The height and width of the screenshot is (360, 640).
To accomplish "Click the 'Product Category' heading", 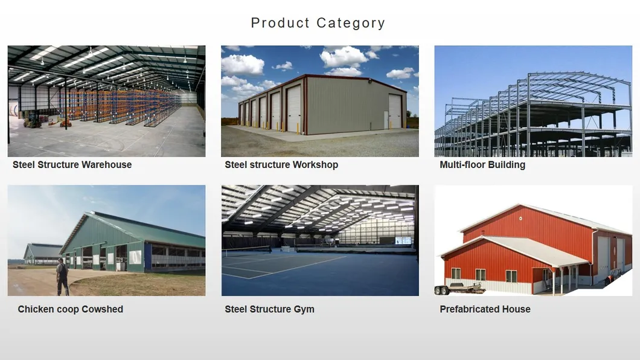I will pos(318,23).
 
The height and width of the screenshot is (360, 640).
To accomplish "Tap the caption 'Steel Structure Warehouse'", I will pos(72,164).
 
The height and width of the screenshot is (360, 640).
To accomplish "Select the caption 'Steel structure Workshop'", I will pos(281,164).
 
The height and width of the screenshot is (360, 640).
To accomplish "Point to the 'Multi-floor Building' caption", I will pos(482,164).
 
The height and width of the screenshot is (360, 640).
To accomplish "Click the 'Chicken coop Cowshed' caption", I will pos(70,309).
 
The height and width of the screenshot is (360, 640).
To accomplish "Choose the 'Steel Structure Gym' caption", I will pos(269,309).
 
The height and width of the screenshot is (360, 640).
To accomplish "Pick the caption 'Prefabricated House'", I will pos(485,309).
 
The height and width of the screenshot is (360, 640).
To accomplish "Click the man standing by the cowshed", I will pos(62,277).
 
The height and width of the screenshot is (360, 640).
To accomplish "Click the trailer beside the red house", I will pos(459,289).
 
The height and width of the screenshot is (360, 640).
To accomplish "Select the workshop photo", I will pos(319,101).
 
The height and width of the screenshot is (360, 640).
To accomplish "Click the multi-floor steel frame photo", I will pos(533,101).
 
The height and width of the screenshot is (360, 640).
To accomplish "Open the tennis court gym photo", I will pos(319,240).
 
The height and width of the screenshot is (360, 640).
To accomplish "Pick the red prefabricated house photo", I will pos(533,240).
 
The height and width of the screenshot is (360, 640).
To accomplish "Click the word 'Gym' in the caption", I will pos(304,309).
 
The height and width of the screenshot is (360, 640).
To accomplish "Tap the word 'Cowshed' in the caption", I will pos(102,309).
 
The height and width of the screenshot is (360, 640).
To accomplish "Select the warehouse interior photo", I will pos(106,101).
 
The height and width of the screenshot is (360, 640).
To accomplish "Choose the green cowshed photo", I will pos(106,240).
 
